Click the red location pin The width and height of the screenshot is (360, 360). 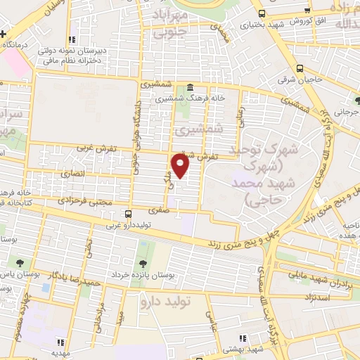click(x=181, y=167)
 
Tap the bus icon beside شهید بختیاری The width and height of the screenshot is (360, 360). click(x=262, y=13)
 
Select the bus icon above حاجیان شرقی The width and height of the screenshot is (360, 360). click(x=300, y=69)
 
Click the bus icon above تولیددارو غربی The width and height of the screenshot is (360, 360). click(x=127, y=213)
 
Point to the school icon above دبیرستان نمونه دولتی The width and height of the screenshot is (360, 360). click(x=70, y=41)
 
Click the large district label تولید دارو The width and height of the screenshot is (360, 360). click(x=166, y=302)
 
